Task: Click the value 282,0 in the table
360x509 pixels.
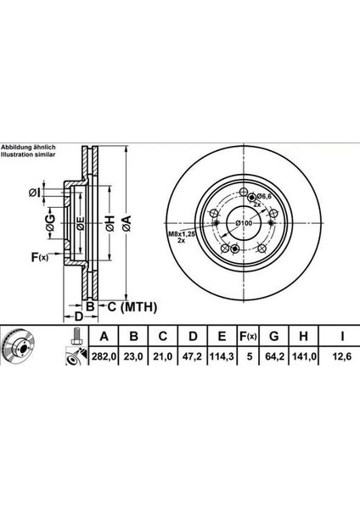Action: [x=102, y=357]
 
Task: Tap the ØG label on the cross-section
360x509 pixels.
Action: [x=50, y=222]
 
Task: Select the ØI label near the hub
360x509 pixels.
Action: [x=31, y=192]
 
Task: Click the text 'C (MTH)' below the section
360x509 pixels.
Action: [x=126, y=305]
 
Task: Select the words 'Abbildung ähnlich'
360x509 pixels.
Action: [x=27, y=147]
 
